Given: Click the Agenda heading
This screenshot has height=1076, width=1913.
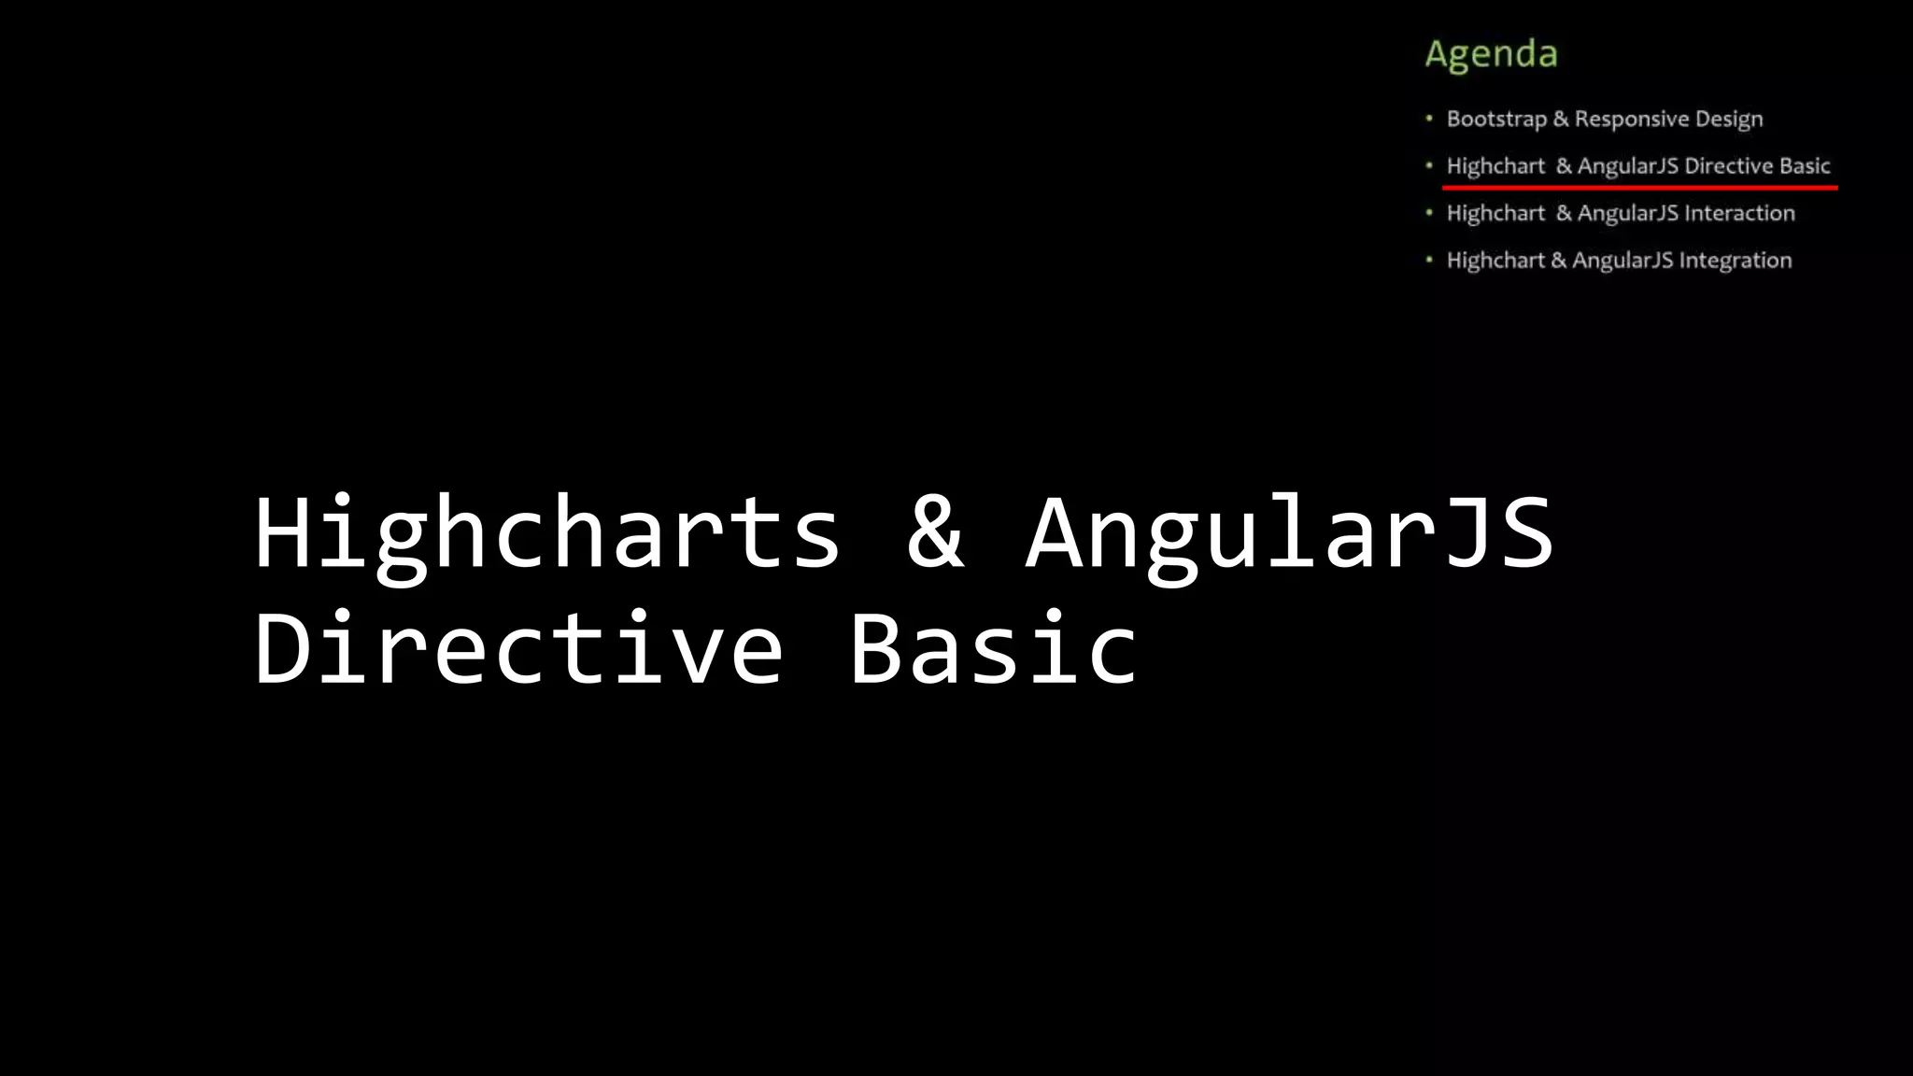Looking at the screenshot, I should [1491, 54].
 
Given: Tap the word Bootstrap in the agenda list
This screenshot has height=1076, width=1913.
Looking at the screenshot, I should [1496, 120].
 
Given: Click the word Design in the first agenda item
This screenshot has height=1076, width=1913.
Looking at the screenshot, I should [1729, 120].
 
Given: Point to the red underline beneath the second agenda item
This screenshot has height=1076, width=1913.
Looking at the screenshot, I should [1639, 188].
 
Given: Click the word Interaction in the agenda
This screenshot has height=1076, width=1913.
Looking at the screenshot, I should [1739, 213].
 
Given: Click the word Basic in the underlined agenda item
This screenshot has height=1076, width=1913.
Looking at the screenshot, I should [1805, 166].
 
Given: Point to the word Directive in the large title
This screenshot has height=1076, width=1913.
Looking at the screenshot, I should [518, 648].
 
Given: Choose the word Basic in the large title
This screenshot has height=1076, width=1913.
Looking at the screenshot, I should [994, 648].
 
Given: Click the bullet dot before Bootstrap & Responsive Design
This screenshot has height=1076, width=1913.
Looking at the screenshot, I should [1429, 118].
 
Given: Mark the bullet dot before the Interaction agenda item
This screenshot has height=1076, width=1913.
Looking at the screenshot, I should [1429, 212].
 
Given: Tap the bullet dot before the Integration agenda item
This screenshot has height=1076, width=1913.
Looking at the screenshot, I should [1429, 259].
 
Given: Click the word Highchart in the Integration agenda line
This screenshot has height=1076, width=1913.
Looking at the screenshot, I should [1495, 261].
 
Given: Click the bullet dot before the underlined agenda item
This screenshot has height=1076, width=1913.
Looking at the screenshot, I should [1429, 165].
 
